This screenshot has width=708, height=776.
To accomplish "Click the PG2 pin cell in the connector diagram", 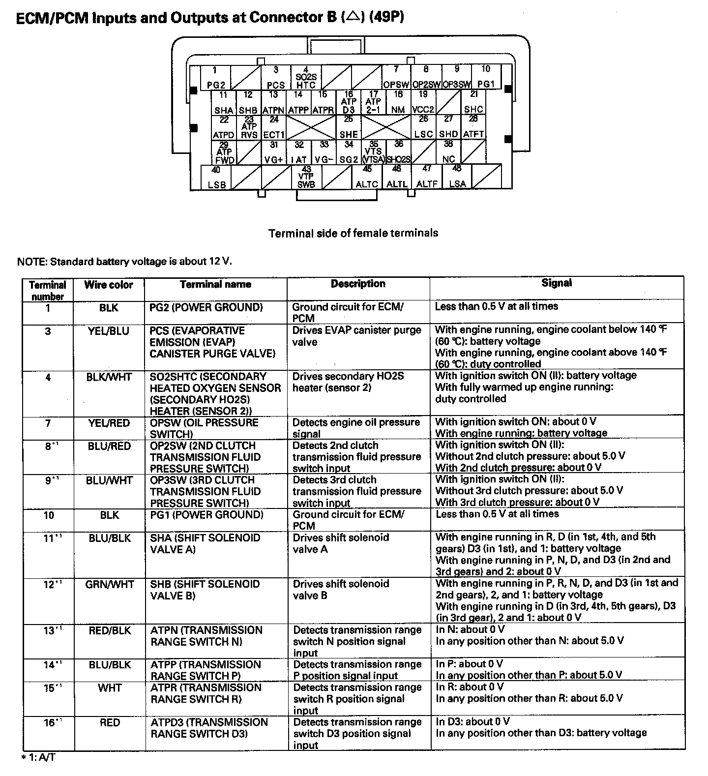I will pyautogui.click(x=215, y=78).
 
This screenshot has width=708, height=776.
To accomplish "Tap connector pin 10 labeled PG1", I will pyautogui.click(x=486, y=77).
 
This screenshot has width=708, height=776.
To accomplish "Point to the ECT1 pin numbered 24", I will pyautogui.click(x=274, y=127).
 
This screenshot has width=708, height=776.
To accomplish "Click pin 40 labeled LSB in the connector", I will pyautogui.click(x=217, y=178).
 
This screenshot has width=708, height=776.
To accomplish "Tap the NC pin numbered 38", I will pyautogui.click(x=448, y=152).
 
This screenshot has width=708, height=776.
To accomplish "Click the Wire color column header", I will pyautogui.click(x=109, y=285).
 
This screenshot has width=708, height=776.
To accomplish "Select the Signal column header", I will pyautogui.click(x=557, y=283).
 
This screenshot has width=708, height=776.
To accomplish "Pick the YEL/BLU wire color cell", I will pyautogui.click(x=109, y=331).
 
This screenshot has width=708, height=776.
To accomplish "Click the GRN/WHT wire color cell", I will pyautogui.click(x=109, y=584).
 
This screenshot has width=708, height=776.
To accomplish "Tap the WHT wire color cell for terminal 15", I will pyautogui.click(x=109, y=687).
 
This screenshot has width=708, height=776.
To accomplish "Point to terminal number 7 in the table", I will pyautogui.click(x=48, y=423).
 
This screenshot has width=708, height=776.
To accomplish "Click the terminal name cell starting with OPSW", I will pyautogui.click(x=204, y=428).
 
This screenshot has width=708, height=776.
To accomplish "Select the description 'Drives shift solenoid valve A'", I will pyautogui.click(x=341, y=543).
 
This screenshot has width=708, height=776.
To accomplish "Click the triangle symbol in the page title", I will pyautogui.click(x=352, y=16).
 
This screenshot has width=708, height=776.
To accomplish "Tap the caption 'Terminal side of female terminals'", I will pyautogui.click(x=353, y=233).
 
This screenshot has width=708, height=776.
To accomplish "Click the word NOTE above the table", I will pyautogui.click(x=30, y=261).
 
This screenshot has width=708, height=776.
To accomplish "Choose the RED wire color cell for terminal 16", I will pyautogui.click(x=109, y=722).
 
